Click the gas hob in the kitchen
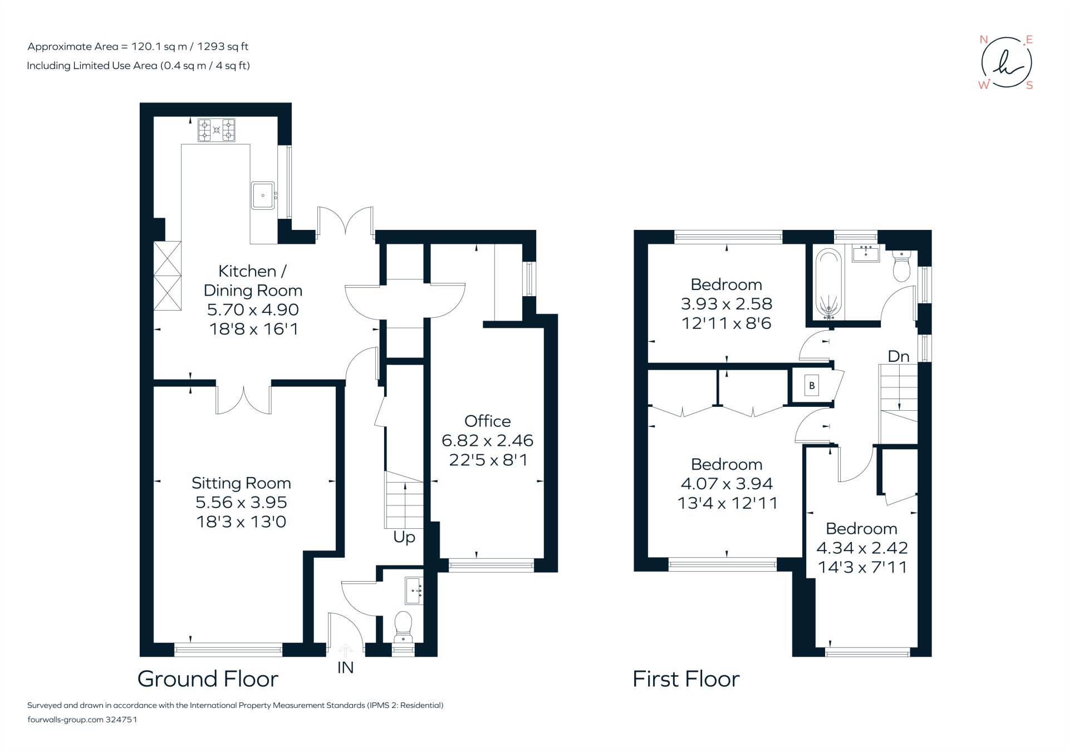point(217,130)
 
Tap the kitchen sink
point(263,195)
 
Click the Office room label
point(487,421)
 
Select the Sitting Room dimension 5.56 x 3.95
point(241,502)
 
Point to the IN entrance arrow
point(345,651)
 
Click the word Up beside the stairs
point(404,537)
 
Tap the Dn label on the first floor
point(898,356)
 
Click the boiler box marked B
point(811,385)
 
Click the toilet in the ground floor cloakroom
point(403,626)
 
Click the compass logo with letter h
point(1006,62)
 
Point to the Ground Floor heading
point(208,679)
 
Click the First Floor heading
point(686,679)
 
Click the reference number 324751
point(121,719)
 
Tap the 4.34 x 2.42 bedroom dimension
point(862,548)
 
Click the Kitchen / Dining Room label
point(253,281)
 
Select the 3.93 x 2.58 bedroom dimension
point(727,304)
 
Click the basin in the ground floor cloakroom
point(414,591)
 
